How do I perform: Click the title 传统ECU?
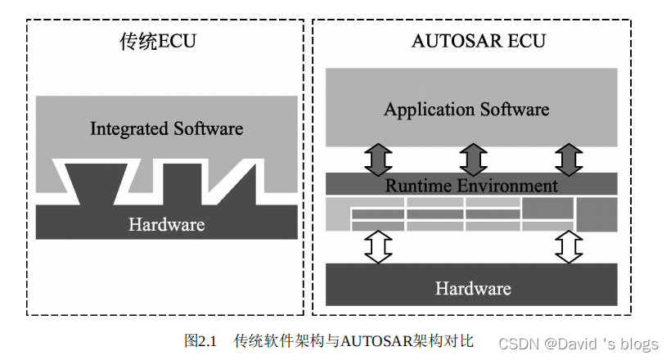(158, 41)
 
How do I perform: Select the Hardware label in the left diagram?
(166, 223)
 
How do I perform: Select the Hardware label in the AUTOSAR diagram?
(472, 288)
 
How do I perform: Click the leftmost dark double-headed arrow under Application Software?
(377, 159)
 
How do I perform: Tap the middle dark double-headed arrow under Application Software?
(472, 159)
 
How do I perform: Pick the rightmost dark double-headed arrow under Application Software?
(568, 159)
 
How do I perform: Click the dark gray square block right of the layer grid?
(597, 214)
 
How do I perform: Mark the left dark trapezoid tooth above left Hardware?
(91, 185)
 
